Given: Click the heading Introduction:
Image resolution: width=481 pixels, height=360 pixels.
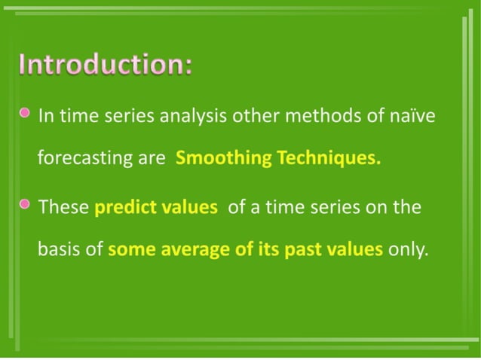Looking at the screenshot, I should click(x=106, y=65).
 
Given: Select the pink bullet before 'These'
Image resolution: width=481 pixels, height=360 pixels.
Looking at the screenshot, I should click(x=26, y=204).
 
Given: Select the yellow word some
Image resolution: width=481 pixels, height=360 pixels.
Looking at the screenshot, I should click(x=129, y=250).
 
